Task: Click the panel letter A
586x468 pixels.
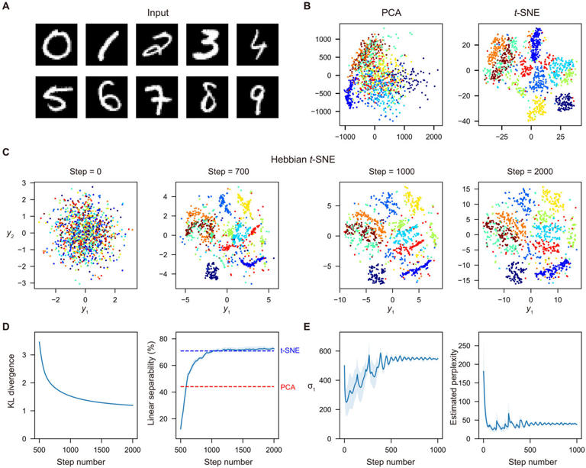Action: pyautogui.click(x=8, y=7)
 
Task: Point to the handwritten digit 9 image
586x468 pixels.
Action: pyautogui.click(x=259, y=102)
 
